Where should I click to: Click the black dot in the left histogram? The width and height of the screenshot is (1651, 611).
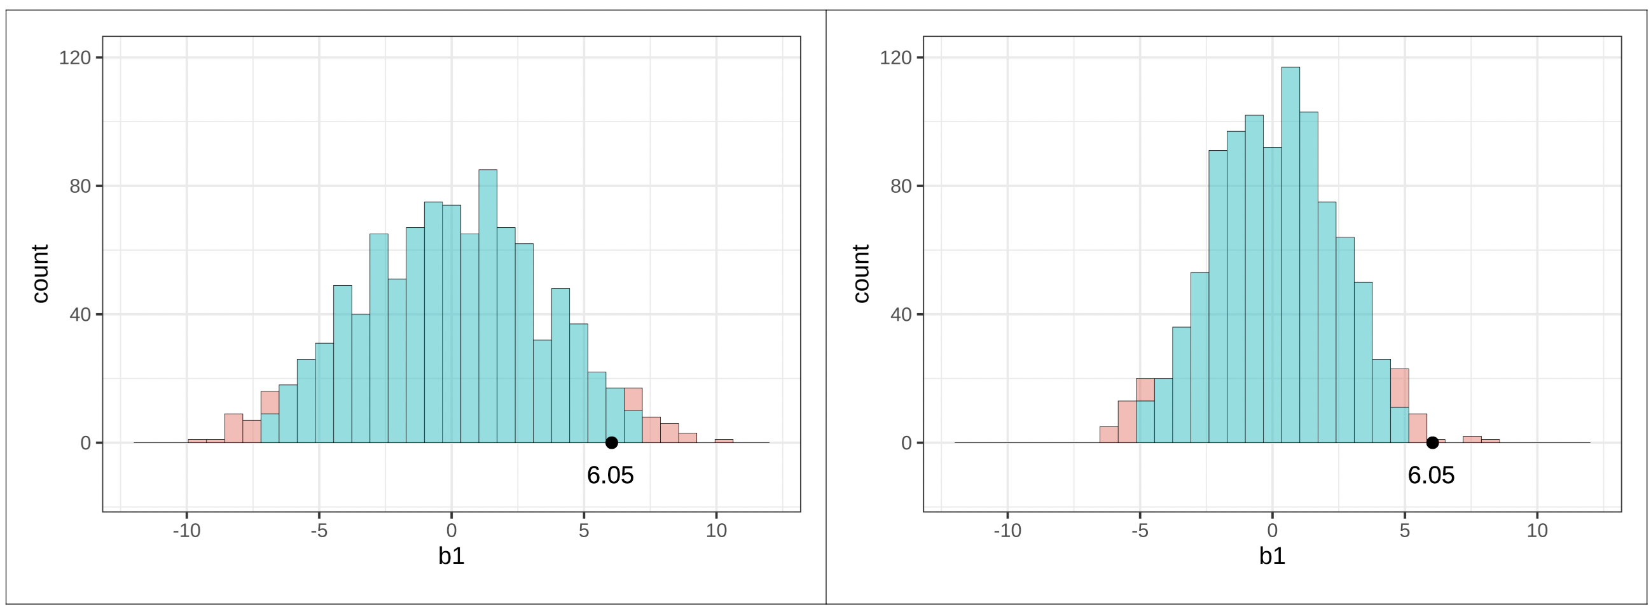(611, 442)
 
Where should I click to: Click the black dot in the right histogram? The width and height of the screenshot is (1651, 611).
(1432, 442)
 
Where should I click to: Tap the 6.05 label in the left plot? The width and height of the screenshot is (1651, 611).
(610, 475)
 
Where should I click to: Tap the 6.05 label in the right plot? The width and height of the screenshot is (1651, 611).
(1431, 475)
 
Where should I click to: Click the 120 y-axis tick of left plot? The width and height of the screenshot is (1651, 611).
(74, 58)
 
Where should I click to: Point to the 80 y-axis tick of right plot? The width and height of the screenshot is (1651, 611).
(901, 186)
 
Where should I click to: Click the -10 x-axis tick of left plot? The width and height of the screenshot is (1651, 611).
(186, 530)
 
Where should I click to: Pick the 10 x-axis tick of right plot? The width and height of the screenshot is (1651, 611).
(1537, 530)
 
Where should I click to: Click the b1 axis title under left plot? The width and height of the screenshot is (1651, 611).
(451, 556)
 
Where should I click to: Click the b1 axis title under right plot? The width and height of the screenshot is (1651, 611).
(1272, 556)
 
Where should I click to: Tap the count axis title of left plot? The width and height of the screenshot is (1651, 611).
(39, 274)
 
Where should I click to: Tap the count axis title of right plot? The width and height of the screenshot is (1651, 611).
(860, 274)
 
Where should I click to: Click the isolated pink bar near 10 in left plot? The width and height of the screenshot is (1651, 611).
(724, 440)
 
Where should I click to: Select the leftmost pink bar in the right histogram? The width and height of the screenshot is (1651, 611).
(1109, 435)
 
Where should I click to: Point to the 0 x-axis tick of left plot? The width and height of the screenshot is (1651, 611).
(451, 530)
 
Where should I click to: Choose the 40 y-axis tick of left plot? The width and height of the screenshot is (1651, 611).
(79, 314)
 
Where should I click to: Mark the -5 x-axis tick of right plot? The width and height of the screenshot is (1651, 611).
(1140, 530)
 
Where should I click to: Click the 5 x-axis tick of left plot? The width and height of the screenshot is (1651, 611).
(584, 530)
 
